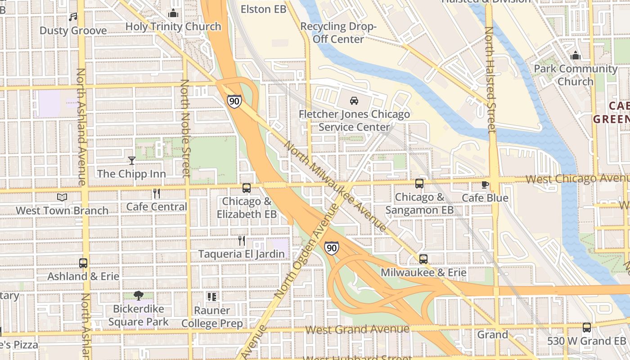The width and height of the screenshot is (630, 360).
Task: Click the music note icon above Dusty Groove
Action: pyautogui.click(x=73, y=17)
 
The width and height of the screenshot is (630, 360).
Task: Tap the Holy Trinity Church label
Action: pyautogui.click(x=173, y=27)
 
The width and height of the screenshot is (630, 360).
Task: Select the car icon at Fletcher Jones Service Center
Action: pyautogui.click(x=354, y=100)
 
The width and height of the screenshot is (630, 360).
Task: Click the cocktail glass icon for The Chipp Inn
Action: pyautogui.click(x=131, y=160)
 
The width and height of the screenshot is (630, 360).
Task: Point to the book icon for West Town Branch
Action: pyautogui.click(x=62, y=197)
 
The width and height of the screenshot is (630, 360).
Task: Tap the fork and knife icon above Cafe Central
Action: pyautogui.click(x=157, y=193)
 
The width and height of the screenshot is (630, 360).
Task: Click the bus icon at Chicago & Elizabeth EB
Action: pyautogui.click(x=247, y=188)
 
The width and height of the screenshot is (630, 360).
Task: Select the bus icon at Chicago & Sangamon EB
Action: pyautogui.click(x=419, y=184)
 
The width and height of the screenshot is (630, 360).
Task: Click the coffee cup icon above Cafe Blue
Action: pyautogui.click(x=485, y=184)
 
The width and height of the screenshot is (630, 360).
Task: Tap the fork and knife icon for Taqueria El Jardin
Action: pyautogui.click(x=242, y=241)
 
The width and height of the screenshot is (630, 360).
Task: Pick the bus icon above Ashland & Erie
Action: pyautogui.click(x=83, y=263)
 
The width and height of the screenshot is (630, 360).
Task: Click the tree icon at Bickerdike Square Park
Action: pyautogui.click(x=139, y=296)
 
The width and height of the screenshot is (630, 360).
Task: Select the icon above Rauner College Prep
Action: pyautogui.click(x=211, y=297)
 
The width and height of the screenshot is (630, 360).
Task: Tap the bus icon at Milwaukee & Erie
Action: pyautogui.click(x=423, y=259)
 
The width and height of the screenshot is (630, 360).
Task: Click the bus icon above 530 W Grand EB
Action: pyautogui.click(x=586, y=328)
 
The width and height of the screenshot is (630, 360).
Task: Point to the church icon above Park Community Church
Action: pyautogui.click(x=575, y=56)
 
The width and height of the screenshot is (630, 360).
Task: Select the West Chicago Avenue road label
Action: pyautogui.click(x=577, y=179)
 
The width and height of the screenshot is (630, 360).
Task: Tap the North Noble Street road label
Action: pyautogui.click(x=185, y=128)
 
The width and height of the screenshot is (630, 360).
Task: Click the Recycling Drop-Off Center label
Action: pyautogui.click(x=338, y=33)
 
